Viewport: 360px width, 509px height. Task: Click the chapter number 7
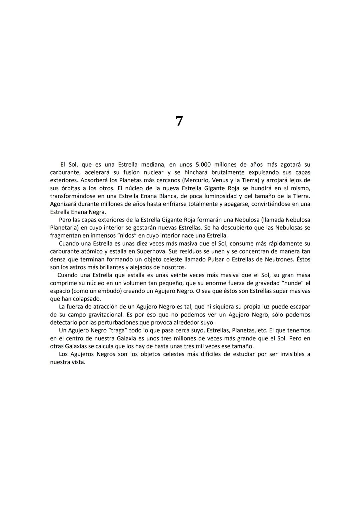pyautogui.click(x=179, y=121)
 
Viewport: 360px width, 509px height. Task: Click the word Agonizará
pyautogui.click(x=64, y=204)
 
